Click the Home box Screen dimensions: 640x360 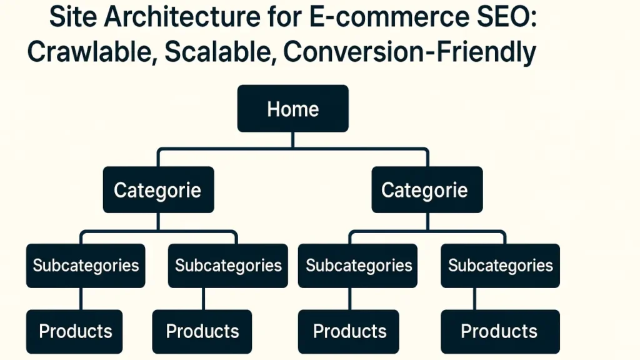pos(293,109)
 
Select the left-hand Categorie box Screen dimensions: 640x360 pos(158,190)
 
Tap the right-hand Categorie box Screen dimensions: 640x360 pos(427,190)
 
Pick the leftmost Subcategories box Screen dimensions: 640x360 pos(86,266)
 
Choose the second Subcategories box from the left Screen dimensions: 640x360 pos(227,266)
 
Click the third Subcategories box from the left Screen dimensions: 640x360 pos(357,266)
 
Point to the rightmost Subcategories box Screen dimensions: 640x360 pos(501,266)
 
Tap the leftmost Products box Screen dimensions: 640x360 pos(74,331)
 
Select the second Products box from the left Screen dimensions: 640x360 pos(202,331)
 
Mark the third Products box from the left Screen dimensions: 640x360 pos(349,331)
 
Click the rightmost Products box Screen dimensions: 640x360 pos(501,331)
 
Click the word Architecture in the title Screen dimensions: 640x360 pos(182,17)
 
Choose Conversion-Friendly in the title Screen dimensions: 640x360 pos(409,53)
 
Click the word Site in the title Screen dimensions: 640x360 pos(73,17)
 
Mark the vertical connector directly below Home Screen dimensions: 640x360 pos(293,140)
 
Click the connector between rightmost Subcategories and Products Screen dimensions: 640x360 pos(474,299)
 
